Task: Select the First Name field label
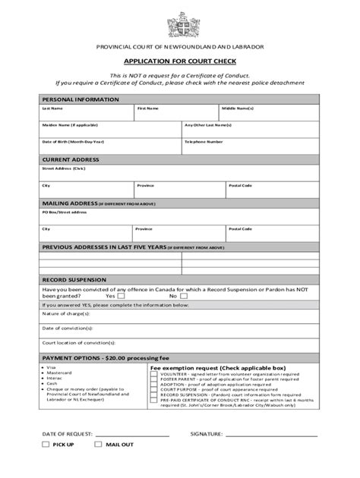pyautogui.click(x=147, y=108)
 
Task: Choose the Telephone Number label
pyautogui.click(x=204, y=141)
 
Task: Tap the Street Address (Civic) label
pyautogui.click(x=64, y=168)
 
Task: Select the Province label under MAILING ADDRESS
pyautogui.click(x=144, y=228)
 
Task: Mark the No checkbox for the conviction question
pyautogui.click(x=185, y=296)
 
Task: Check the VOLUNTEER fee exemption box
pyautogui.click(x=154, y=373)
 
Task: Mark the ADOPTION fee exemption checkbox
pyautogui.click(x=154, y=384)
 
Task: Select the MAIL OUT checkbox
pyautogui.click(x=98, y=464)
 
